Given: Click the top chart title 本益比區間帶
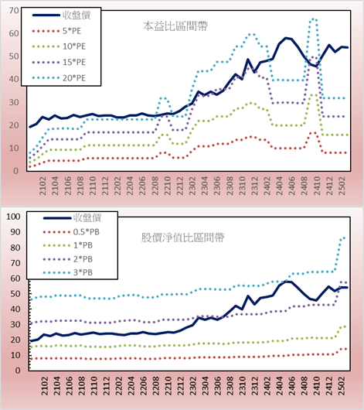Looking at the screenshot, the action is [x=175, y=26].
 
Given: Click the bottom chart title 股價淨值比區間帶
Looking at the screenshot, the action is [x=182, y=237].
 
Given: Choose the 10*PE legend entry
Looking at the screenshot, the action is [x=59, y=46].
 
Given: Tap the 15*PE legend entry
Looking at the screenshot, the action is [x=59, y=62].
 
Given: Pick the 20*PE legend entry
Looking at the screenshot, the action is [x=59, y=78].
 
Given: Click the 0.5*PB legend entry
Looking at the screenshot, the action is [x=71, y=232].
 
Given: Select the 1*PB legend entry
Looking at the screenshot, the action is [x=68, y=245].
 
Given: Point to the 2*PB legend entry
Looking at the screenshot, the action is [x=68, y=259].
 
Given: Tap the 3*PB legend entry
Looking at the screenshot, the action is [x=68, y=272].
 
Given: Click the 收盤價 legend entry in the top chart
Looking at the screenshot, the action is [x=61, y=15].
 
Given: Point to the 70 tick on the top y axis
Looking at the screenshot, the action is [x=14, y=11].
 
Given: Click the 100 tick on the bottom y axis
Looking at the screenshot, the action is [x=13, y=217].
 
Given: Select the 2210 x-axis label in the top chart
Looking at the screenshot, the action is [x=167, y=186].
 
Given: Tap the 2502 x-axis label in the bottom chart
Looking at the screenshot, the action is [x=342, y=386].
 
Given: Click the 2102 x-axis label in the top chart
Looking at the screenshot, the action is [x=43, y=186].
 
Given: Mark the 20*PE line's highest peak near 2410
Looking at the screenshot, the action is [x=313, y=19].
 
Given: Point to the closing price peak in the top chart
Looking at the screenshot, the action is [x=286, y=38].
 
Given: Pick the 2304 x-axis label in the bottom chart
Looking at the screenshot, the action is [x=205, y=386].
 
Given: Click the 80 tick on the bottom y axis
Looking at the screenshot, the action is [x=15, y=248].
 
